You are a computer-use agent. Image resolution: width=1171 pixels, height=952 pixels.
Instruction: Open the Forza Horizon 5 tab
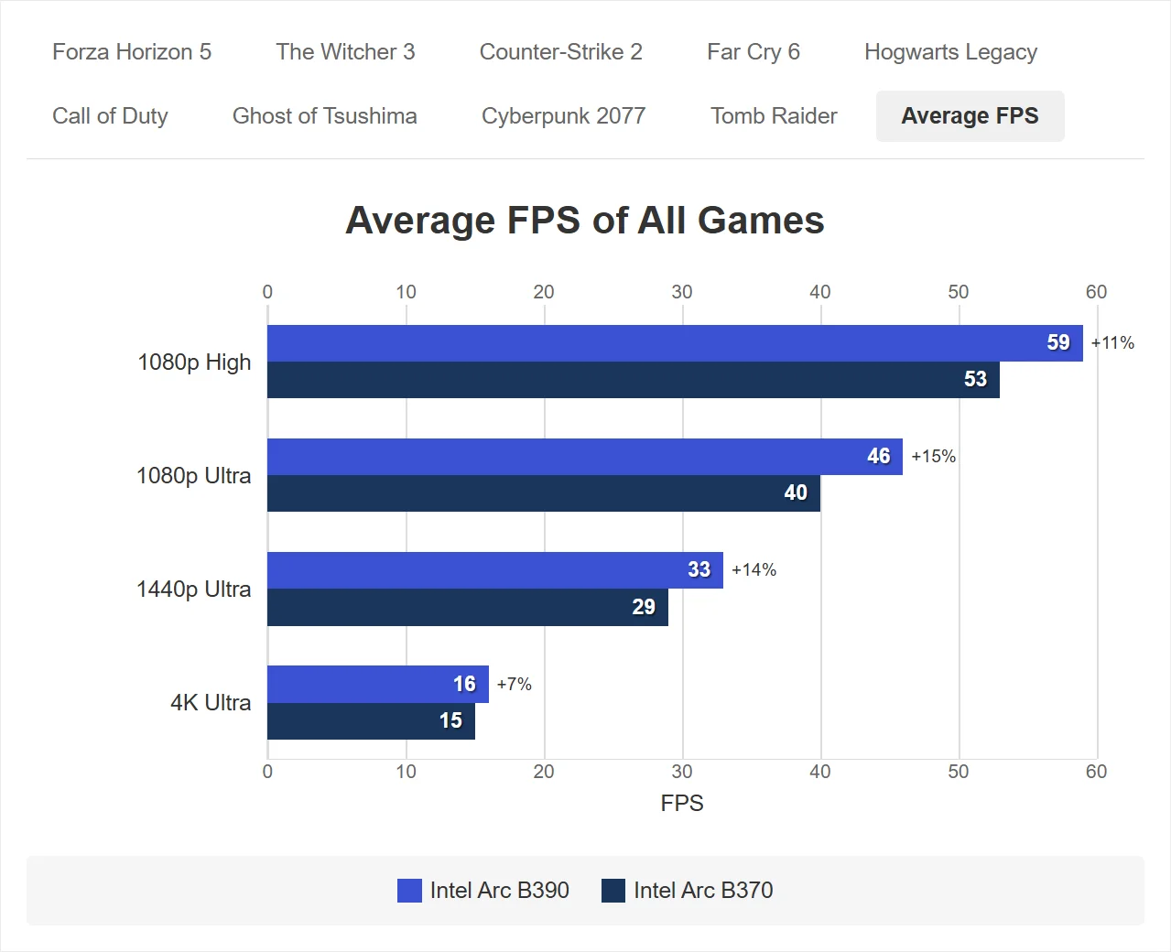click(132, 52)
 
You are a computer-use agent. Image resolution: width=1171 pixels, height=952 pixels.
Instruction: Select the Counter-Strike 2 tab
click(560, 52)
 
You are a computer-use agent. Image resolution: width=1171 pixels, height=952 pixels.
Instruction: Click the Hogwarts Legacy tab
click(950, 53)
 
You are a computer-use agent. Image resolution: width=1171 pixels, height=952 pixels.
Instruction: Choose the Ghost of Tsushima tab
click(324, 116)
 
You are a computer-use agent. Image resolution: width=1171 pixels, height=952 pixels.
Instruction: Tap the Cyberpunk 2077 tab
click(563, 116)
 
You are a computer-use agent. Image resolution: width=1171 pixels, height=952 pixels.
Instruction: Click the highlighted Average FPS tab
click(970, 116)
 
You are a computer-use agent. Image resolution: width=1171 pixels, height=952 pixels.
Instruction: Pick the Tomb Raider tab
click(774, 116)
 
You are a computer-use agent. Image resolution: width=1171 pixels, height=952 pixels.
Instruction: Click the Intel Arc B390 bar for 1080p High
click(675, 343)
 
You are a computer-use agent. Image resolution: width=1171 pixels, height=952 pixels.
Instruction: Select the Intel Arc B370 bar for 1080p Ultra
click(544, 493)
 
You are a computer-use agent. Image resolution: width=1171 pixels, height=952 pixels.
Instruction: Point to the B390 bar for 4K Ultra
click(378, 684)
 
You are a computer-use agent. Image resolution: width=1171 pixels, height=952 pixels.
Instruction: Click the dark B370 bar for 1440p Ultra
click(467, 607)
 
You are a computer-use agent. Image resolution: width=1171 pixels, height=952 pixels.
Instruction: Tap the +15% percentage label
click(934, 456)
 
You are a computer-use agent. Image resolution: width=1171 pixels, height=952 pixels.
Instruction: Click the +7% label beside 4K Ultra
click(514, 684)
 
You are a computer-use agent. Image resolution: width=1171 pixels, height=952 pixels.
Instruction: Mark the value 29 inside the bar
click(644, 607)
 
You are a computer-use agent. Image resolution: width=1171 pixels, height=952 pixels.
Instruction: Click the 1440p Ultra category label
click(193, 590)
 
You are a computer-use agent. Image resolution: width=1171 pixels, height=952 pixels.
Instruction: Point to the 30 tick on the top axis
click(682, 292)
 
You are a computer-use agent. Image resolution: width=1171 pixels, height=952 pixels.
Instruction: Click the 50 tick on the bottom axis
click(959, 772)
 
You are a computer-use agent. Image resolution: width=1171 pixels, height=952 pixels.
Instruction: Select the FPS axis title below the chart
click(682, 803)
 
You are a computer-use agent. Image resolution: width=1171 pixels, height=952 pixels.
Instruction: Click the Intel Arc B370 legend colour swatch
click(613, 891)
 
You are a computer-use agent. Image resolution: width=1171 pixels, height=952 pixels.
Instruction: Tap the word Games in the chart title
click(761, 221)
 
